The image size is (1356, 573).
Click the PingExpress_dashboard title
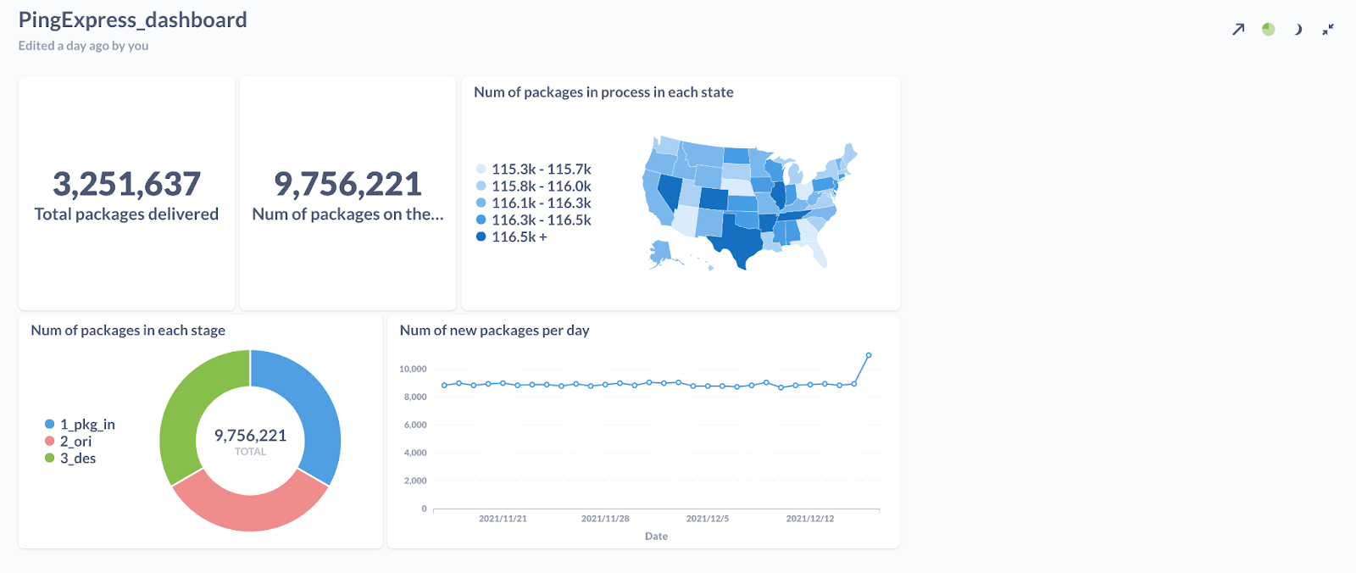coord(132,20)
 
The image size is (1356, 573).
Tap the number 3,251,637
coord(126,184)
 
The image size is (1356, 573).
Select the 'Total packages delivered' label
coord(126,214)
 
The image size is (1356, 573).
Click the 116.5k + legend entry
coord(512,236)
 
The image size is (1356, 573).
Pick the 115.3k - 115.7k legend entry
coord(533,169)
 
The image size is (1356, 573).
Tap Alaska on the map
coord(662,253)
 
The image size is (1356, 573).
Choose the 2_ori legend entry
coord(69,442)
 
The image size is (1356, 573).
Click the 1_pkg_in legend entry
coord(80,425)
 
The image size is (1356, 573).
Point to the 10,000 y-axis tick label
coord(413,369)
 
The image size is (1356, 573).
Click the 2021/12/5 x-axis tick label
coord(708,519)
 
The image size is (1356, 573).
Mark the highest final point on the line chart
coord(869,355)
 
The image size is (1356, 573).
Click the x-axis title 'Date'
coord(656,536)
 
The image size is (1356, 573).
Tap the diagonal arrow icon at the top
coord(1238,29)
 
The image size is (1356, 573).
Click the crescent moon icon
coord(1298,29)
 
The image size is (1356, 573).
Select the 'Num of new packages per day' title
coord(495,330)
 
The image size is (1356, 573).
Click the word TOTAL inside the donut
coord(250,451)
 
